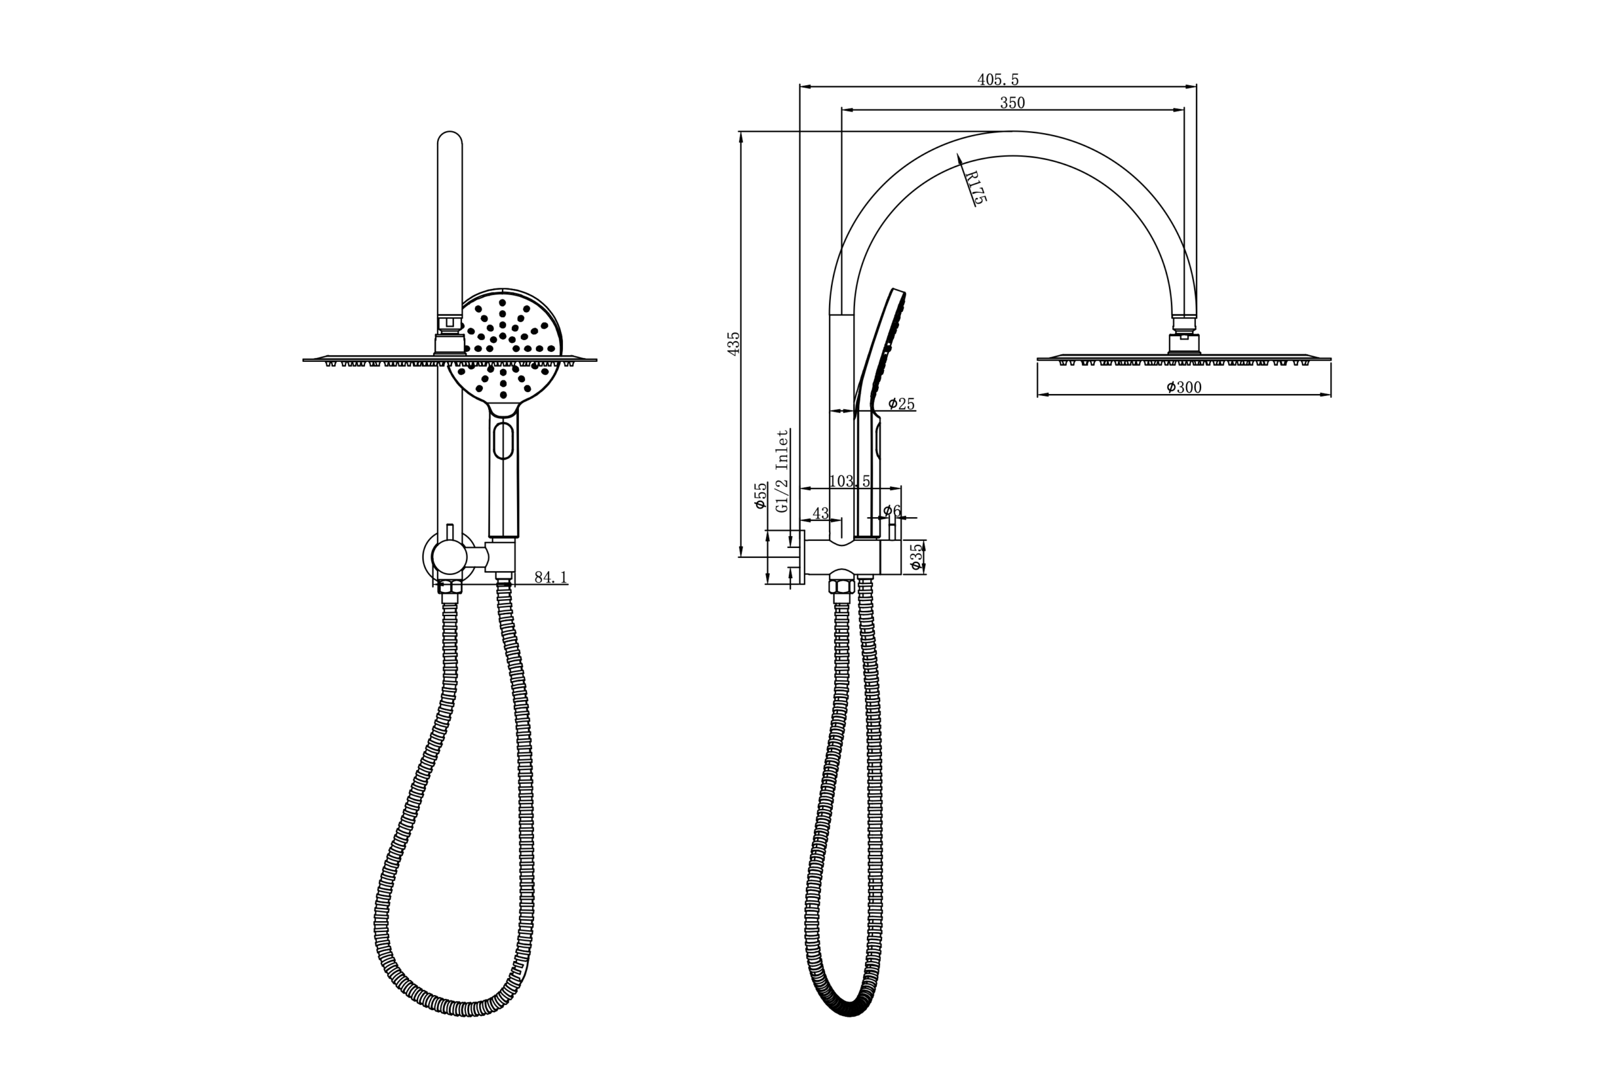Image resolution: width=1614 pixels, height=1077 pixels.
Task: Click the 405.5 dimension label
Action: click(x=998, y=79)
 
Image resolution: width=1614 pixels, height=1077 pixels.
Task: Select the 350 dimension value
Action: click(x=1013, y=103)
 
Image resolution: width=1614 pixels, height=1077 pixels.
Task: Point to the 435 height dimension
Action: click(x=733, y=344)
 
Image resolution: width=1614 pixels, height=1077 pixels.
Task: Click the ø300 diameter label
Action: click(x=1184, y=387)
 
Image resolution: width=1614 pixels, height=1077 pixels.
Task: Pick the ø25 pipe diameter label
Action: click(x=901, y=404)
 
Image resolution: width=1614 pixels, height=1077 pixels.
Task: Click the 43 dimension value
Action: click(x=821, y=514)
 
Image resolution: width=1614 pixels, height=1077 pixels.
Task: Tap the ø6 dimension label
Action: click(x=891, y=510)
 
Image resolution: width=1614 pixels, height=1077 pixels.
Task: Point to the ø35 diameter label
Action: click(x=915, y=557)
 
